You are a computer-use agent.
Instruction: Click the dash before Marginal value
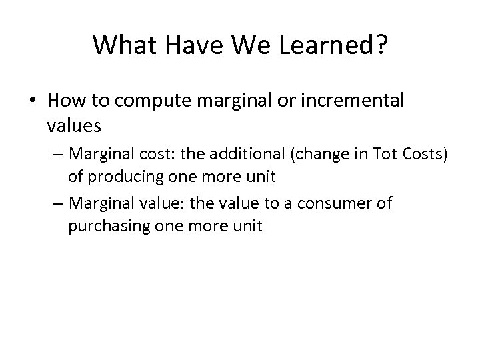click(x=55, y=204)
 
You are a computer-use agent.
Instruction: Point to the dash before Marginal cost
click(x=55, y=156)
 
